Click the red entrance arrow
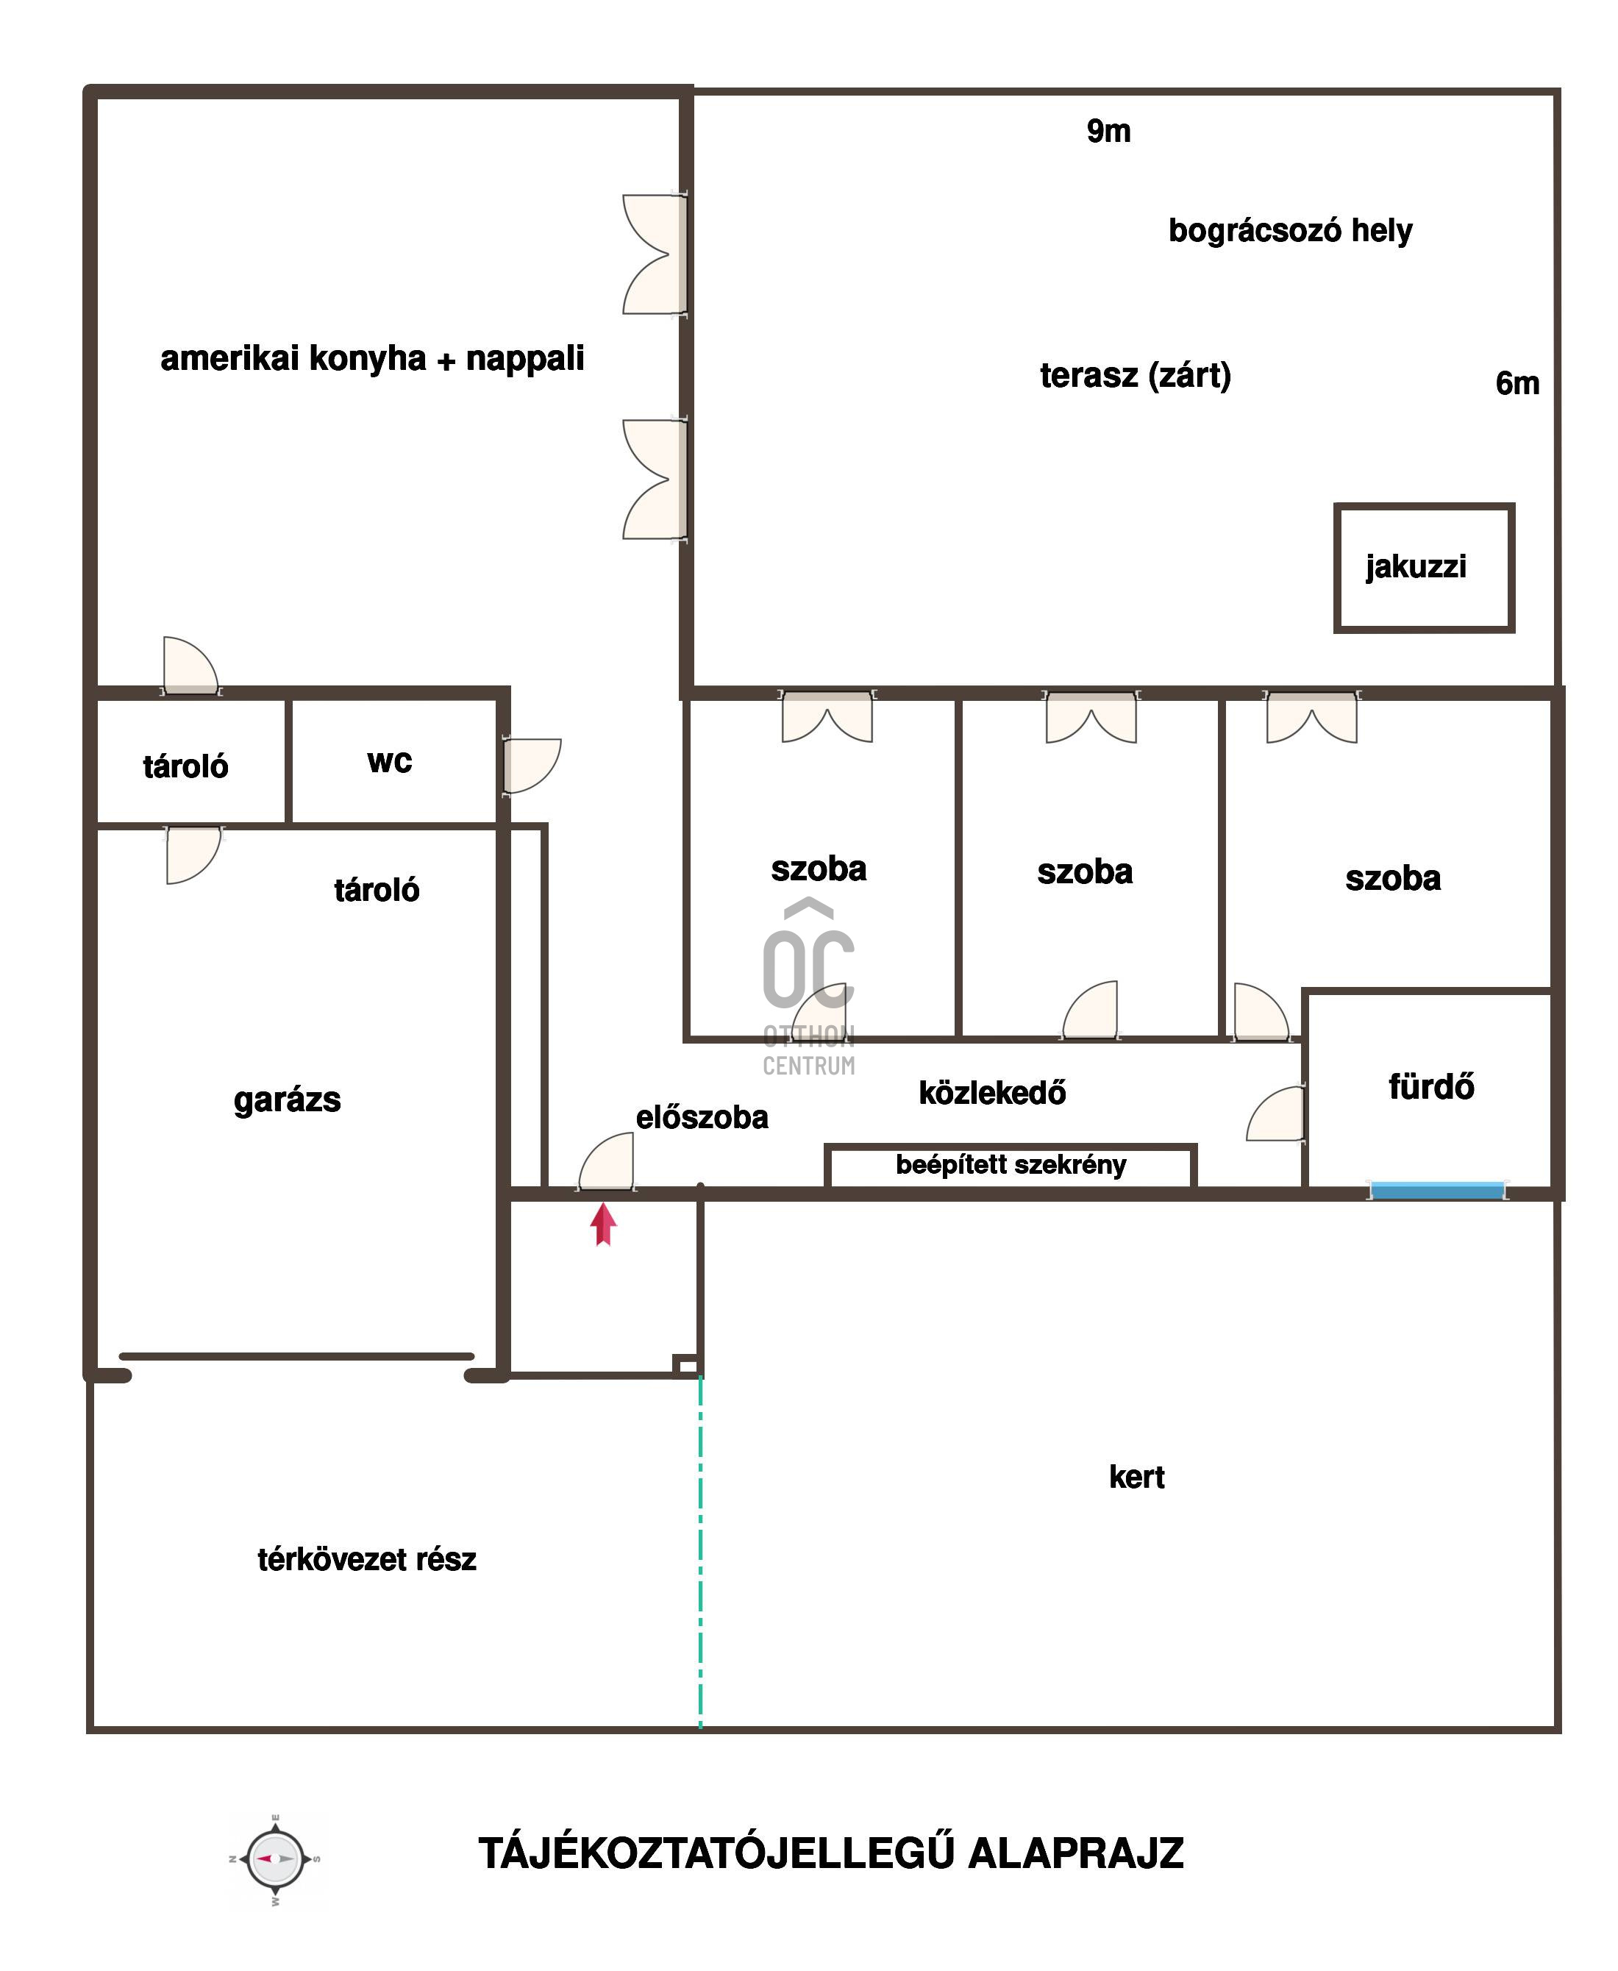point(604,1224)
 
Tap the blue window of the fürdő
point(1437,1190)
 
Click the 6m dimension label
point(1517,383)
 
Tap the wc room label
point(390,761)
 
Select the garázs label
point(287,1100)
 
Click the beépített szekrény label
point(1011,1165)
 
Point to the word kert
point(1136,1476)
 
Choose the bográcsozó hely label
point(1290,230)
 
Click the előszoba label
point(702,1116)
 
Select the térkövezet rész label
point(366,1559)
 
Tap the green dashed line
point(701,1553)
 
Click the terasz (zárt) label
point(1136,376)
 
